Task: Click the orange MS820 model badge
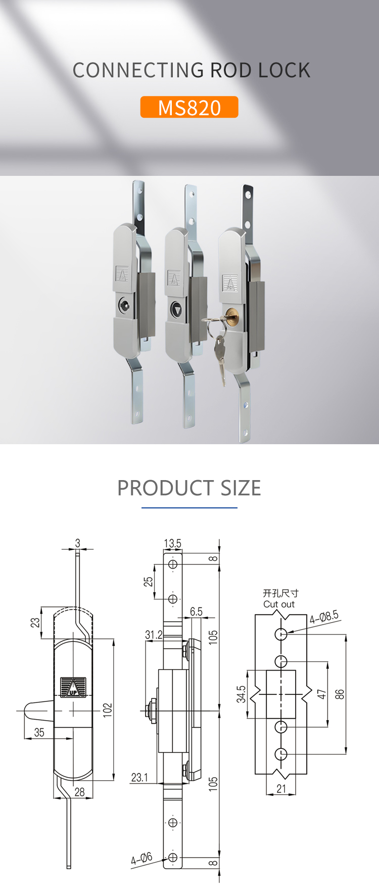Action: (189, 107)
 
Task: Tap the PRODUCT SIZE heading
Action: (189, 488)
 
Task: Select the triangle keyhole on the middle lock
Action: (176, 310)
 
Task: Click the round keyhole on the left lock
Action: (124, 304)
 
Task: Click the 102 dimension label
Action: (108, 710)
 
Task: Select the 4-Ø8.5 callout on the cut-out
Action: (324, 617)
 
